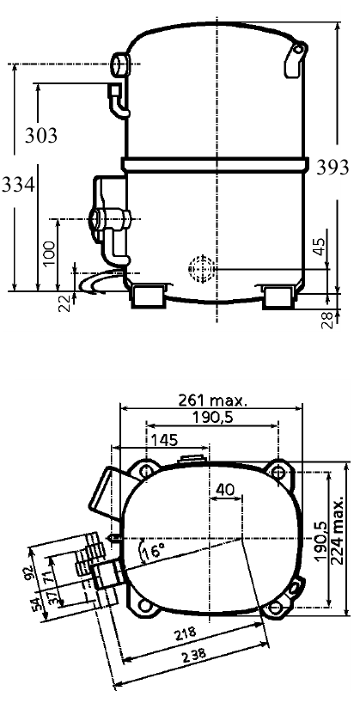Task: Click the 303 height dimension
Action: click(40, 135)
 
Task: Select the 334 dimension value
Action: click(18, 184)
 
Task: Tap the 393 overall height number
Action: click(333, 168)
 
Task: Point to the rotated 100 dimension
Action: click(49, 254)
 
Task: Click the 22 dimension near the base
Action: click(65, 303)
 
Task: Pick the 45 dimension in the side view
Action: click(320, 247)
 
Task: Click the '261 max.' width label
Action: click(213, 400)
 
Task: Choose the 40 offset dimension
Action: click(225, 489)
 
